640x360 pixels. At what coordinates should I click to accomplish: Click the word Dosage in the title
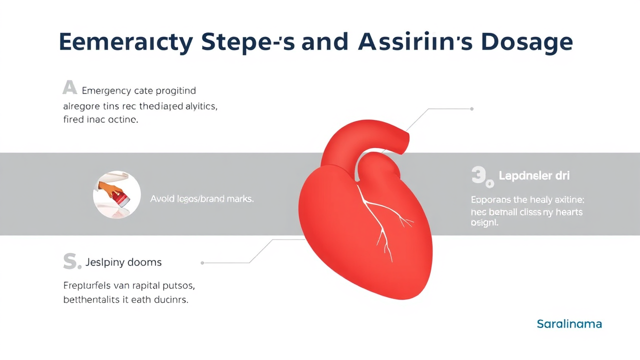526,42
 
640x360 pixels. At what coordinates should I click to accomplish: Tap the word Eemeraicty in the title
125,42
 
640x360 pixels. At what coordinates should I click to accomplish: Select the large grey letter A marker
69,88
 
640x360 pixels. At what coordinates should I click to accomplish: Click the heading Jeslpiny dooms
123,262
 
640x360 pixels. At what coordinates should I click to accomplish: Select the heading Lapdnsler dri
534,176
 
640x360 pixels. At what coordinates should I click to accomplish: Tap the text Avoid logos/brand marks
202,198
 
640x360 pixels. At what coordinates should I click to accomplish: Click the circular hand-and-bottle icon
117,194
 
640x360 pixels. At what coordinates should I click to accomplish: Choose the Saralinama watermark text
569,324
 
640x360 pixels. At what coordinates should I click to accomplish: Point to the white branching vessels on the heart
382,220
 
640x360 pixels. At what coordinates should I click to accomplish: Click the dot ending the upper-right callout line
472,108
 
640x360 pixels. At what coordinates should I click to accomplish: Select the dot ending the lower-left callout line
202,262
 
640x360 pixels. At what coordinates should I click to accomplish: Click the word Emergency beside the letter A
106,91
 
